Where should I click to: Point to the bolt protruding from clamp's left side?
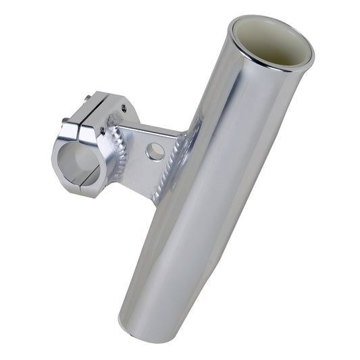click(x=65, y=122)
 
